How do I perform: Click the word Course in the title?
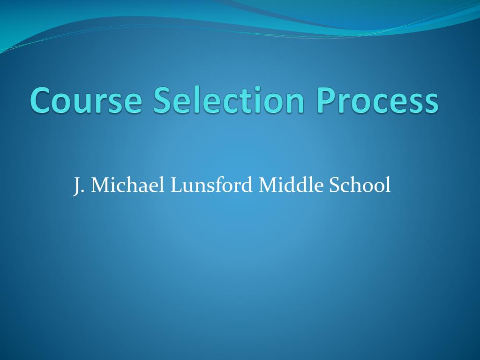pyautogui.click(x=86, y=101)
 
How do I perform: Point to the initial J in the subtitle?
pyautogui.click(x=76, y=186)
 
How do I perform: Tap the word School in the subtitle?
pyautogui.click(x=360, y=185)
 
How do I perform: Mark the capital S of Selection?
pyautogui.click(x=163, y=101)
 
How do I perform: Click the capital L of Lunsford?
pyautogui.click(x=175, y=185)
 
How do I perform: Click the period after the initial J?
pyautogui.click(x=83, y=191)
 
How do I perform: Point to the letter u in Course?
pyautogui.click(x=87, y=103)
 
